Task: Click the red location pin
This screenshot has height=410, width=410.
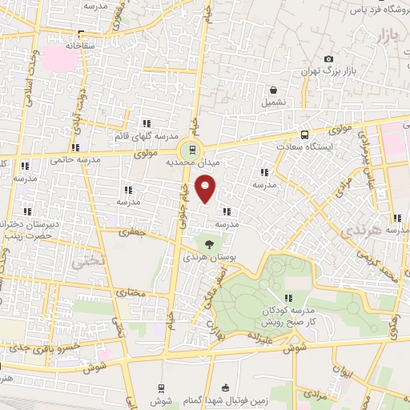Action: click(206, 189)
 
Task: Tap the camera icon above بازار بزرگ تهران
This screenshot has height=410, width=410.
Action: click(328, 59)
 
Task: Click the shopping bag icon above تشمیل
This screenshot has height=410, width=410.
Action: click(274, 90)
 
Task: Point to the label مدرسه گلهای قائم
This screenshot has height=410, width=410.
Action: click(145, 135)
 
